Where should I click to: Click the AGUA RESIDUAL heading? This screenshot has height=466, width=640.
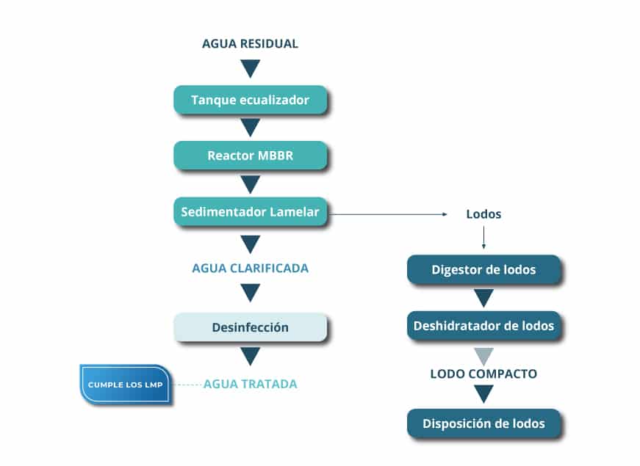[x=250, y=43]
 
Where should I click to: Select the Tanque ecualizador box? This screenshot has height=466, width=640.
[x=250, y=100]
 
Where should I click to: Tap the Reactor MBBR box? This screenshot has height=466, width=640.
[x=250, y=156]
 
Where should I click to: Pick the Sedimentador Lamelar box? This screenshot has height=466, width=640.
[x=250, y=211]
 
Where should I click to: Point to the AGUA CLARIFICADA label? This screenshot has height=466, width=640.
[x=250, y=268]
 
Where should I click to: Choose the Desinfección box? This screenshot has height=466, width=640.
[x=250, y=327]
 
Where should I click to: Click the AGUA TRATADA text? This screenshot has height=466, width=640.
[x=250, y=383]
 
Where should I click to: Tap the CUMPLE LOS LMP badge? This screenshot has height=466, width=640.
[x=126, y=385]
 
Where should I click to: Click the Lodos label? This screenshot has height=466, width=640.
[x=483, y=214]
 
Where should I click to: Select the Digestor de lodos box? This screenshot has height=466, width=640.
[x=483, y=269]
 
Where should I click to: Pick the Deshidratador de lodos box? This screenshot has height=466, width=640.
[x=483, y=325]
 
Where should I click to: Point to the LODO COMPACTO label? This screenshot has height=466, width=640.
[x=483, y=374]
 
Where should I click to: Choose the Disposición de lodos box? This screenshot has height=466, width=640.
[x=483, y=423]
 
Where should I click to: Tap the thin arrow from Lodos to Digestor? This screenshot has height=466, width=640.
[x=483, y=237]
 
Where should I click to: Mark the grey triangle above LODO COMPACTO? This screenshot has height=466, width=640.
[x=483, y=355]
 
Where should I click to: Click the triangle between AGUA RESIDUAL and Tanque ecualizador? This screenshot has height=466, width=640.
[x=250, y=68]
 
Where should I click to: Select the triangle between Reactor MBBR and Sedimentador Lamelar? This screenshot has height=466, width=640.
[x=250, y=183]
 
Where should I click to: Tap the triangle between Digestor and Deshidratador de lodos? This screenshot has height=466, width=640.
[x=483, y=297]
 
